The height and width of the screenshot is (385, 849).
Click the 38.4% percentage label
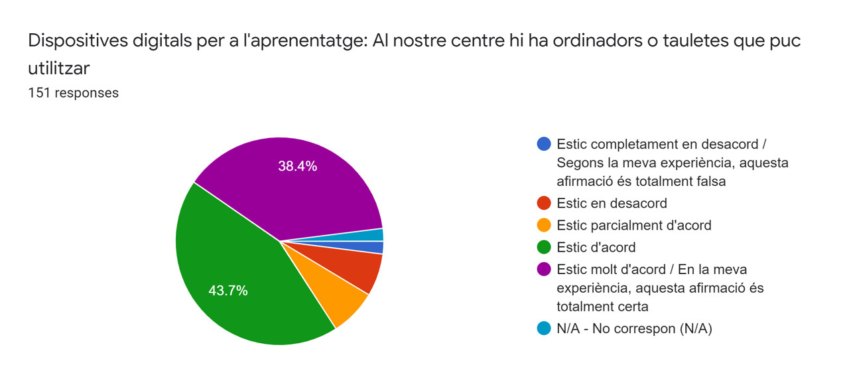297,167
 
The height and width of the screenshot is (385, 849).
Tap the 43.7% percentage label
228,291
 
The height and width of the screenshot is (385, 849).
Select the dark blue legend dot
544,144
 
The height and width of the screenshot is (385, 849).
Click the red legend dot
544,203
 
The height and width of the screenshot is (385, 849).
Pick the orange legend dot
544,225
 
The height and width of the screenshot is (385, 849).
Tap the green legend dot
544,247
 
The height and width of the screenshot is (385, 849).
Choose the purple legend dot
544,269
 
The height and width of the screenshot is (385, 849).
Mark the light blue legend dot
544,328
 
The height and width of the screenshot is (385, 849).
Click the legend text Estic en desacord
612,203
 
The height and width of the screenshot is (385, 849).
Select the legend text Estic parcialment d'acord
633,225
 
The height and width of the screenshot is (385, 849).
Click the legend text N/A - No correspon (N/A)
634,328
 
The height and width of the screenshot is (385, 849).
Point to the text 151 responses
73,93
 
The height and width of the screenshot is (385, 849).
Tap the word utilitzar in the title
58,68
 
